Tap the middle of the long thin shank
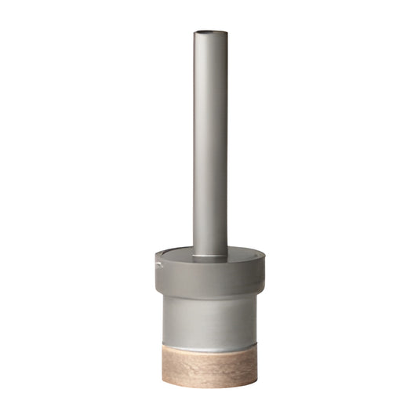pos(209,141)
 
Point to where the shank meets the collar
pos(209,255)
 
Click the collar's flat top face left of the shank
pos(174,254)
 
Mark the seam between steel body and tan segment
pos(209,347)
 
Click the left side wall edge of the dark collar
pos(155,278)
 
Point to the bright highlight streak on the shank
pos(201,141)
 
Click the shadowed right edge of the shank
pos(226,141)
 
